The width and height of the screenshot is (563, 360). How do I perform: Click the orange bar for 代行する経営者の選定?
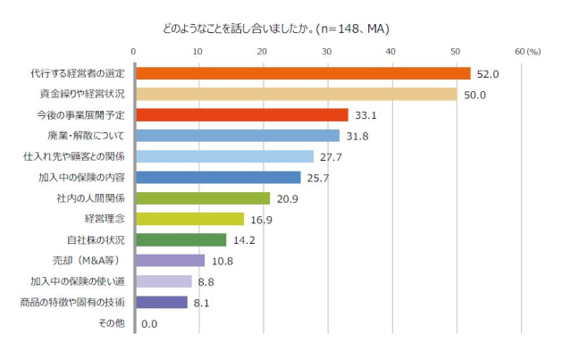[x=302, y=73]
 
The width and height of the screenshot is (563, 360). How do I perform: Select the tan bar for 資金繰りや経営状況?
[x=296, y=94]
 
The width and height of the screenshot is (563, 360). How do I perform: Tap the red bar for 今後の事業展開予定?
[x=241, y=115]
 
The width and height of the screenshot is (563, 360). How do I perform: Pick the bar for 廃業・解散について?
[x=238, y=136]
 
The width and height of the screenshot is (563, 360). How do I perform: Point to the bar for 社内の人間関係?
[x=202, y=198]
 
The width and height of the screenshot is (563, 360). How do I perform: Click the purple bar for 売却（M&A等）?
[x=170, y=261]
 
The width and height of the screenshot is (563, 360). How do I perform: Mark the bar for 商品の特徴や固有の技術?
[x=161, y=303]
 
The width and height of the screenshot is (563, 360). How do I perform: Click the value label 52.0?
[x=487, y=74]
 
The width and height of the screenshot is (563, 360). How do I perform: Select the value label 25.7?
[x=318, y=178]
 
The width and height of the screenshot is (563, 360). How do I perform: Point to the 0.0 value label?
[x=149, y=324]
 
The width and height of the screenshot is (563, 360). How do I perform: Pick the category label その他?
[x=111, y=323]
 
